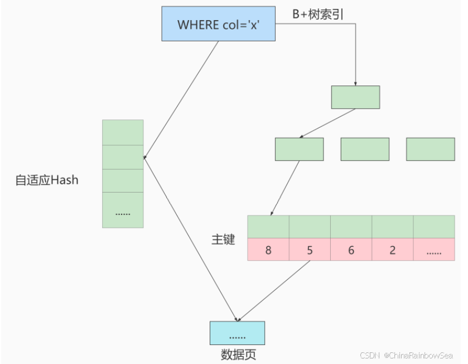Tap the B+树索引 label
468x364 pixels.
319,15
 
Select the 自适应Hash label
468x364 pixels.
47,180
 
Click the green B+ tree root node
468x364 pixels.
355,97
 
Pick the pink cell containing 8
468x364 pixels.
268,250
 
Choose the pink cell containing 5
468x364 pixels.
310,250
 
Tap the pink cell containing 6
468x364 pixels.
351,250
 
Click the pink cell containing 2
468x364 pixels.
392,250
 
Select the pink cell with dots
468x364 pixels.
434,250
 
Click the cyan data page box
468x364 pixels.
237,333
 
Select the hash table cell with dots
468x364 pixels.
123,210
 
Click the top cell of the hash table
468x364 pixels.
123,132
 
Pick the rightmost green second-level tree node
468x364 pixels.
430,149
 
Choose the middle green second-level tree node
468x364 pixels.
365,149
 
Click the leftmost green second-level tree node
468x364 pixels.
299,149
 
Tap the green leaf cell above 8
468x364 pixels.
268,227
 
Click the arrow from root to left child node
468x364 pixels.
328,123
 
